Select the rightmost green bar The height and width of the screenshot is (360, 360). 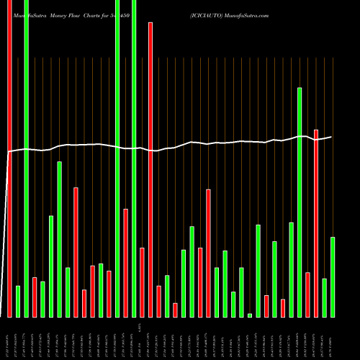tap(333, 276)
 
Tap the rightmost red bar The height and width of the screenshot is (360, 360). tap(316, 223)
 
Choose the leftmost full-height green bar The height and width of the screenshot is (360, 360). tap(26, 158)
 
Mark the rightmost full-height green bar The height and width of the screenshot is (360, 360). tap(134, 158)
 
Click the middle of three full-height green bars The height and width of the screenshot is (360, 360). tap(117, 158)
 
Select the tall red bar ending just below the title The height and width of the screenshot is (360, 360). tap(150, 169)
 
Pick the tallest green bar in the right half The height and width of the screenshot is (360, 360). tap(300, 202)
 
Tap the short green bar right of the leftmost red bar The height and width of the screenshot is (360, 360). tap(18, 301)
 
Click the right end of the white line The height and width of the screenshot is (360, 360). tap(331, 137)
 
